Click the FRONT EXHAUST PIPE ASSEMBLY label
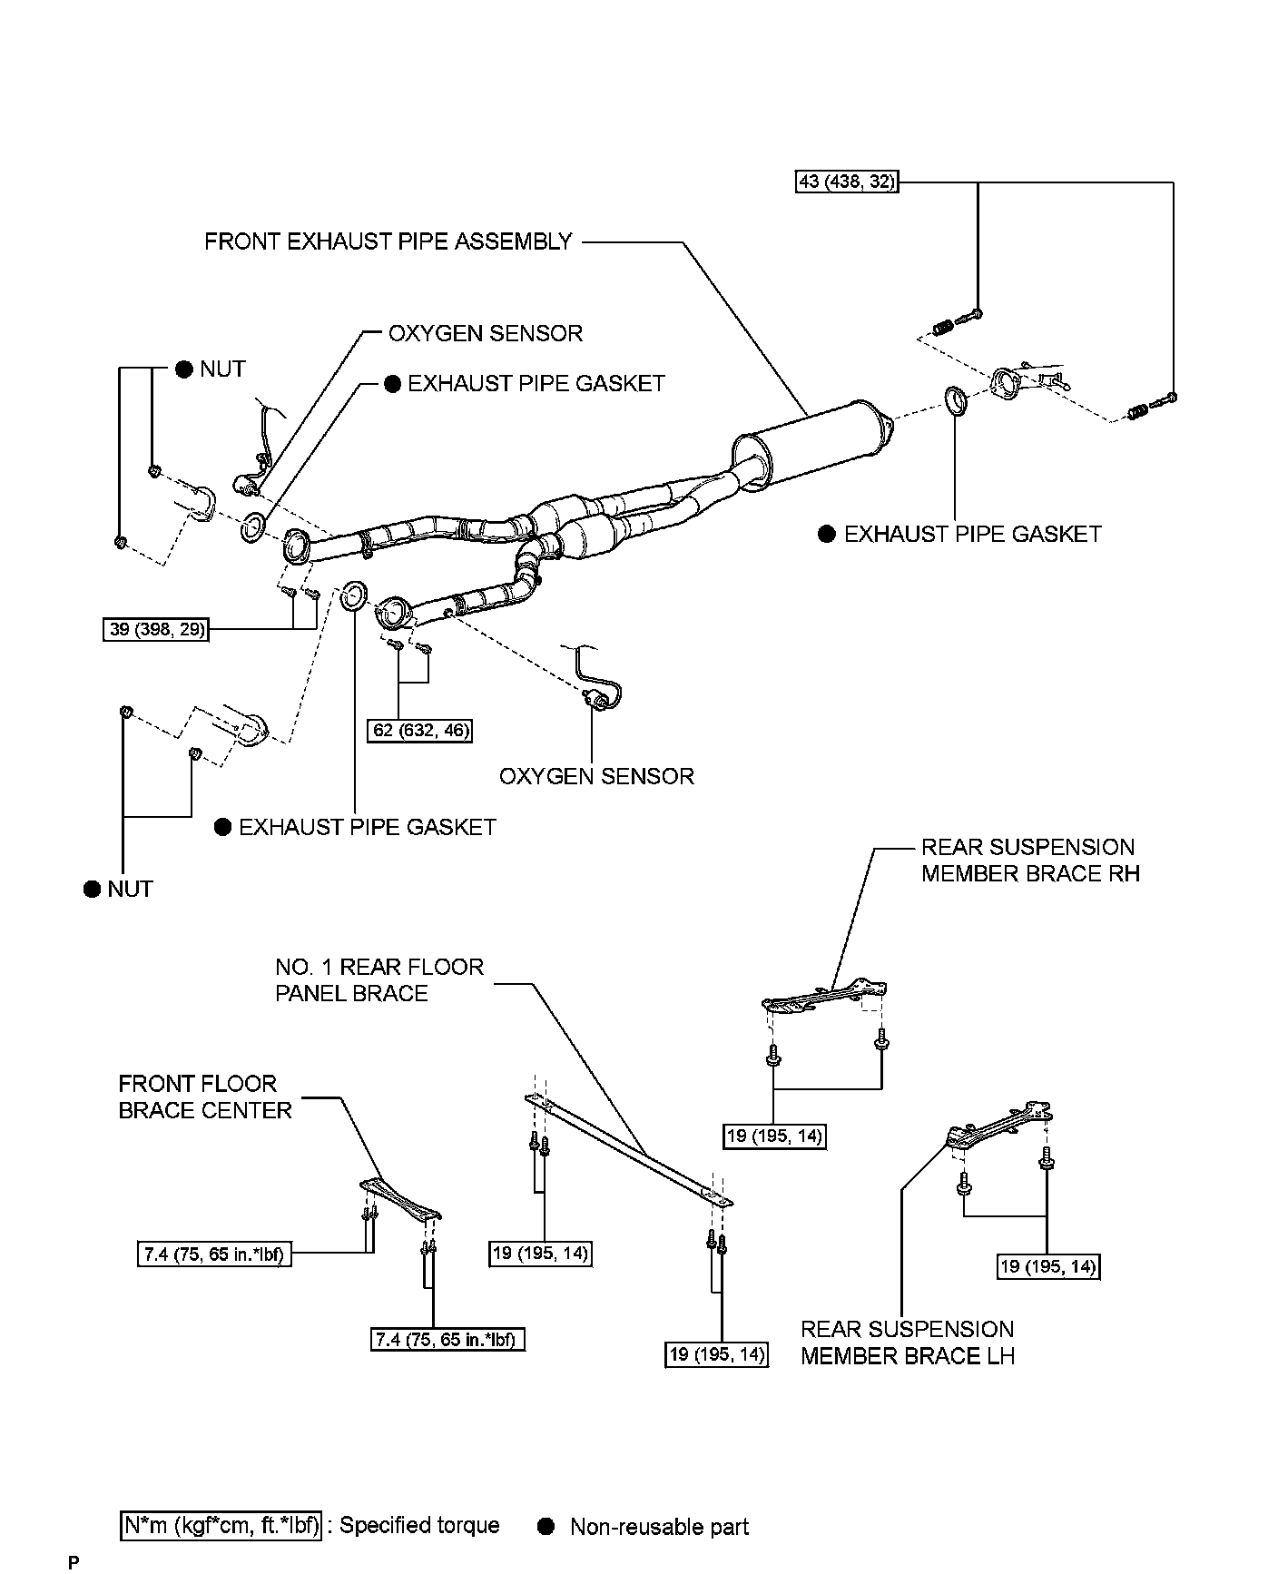coord(388,241)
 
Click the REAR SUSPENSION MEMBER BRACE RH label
coord(1029,860)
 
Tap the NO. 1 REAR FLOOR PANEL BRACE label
coord(378,979)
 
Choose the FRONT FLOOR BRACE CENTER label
coord(205,1097)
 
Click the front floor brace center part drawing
coord(400,1198)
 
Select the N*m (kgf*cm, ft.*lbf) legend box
coord(221,1525)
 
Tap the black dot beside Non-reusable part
coord(546,1526)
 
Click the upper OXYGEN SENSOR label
coord(485,333)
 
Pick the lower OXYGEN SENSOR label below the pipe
coord(596,776)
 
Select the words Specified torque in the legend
coord(418,1525)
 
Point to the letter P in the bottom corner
coord(74,1563)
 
